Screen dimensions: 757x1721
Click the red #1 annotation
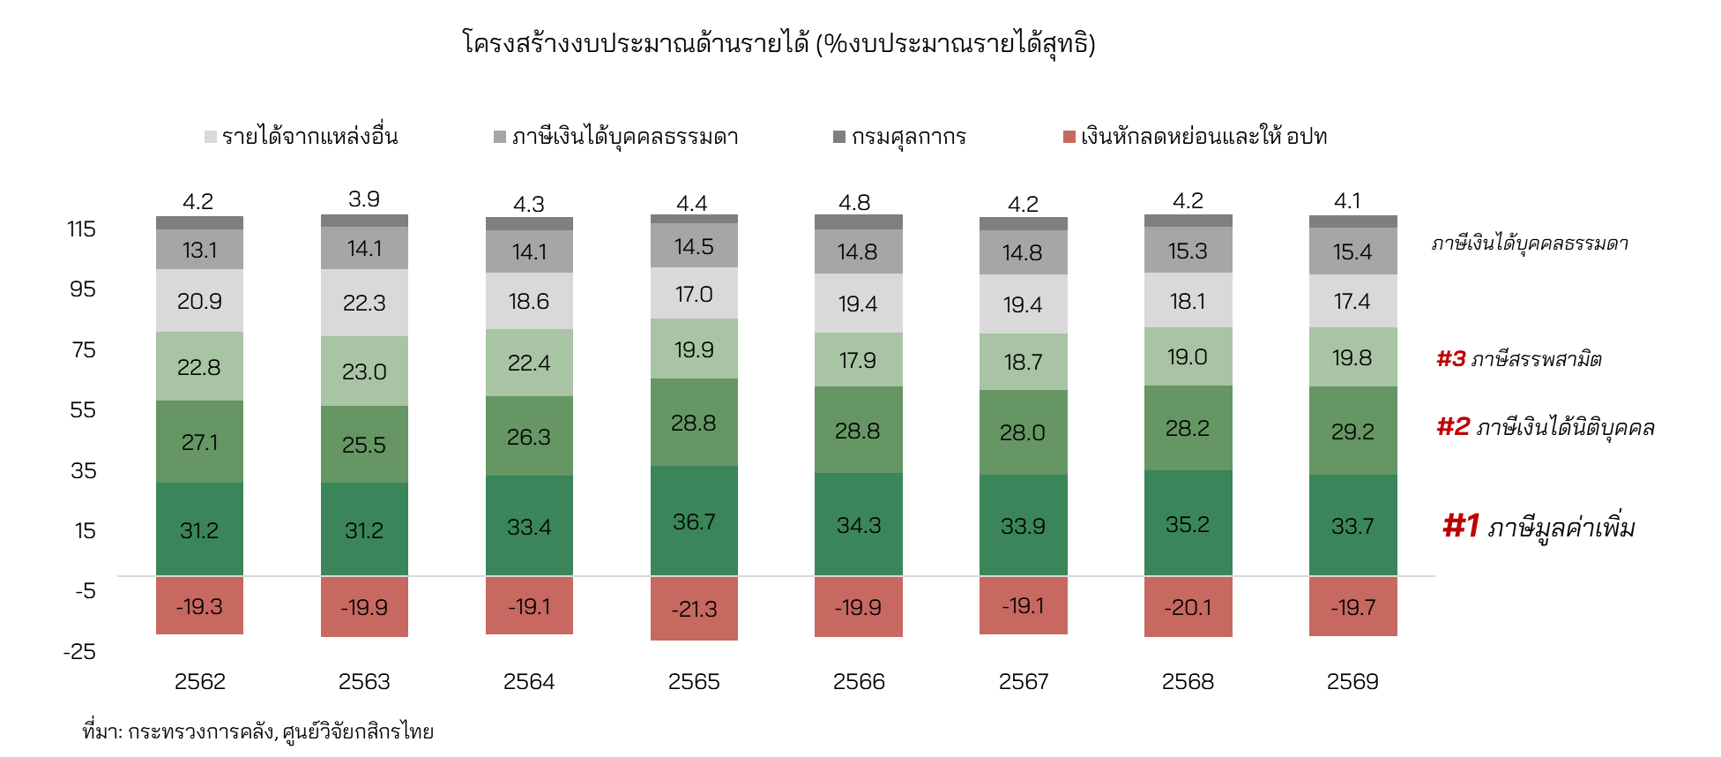(x=1460, y=526)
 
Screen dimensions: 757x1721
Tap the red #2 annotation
(x=1453, y=426)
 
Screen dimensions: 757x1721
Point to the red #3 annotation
(x=1450, y=358)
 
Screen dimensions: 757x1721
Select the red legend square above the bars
(x=1069, y=137)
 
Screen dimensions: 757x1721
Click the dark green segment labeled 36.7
(x=694, y=521)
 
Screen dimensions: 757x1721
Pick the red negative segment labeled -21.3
(x=694, y=609)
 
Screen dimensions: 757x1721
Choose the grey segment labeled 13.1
(x=199, y=250)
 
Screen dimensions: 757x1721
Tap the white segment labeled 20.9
(x=199, y=301)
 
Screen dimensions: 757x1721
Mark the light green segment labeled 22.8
(x=199, y=367)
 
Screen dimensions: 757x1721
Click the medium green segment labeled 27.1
(x=199, y=442)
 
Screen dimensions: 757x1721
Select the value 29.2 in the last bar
(x=1352, y=431)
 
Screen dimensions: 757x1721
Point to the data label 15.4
(x=1352, y=252)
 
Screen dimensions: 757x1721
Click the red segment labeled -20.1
(x=1188, y=607)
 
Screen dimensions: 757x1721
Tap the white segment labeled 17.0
(x=694, y=294)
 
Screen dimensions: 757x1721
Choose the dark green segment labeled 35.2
(x=1188, y=524)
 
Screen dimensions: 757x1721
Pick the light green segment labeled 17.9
(x=858, y=360)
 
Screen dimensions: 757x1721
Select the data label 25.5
(x=364, y=445)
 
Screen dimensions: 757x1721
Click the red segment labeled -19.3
(x=199, y=606)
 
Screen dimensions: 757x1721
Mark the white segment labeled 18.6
(x=529, y=301)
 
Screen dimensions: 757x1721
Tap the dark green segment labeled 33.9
(x=1023, y=526)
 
